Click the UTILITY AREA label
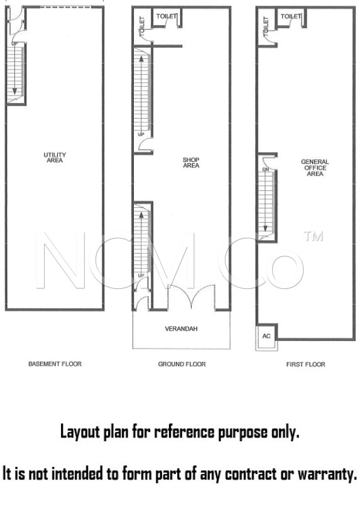[55, 158]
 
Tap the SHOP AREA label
[191, 163]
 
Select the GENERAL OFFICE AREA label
[315, 168]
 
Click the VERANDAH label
[182, 329]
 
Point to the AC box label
[266, 336]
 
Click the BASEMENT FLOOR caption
[55, 364]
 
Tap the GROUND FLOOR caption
[182, 364]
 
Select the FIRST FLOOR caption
[305, 365]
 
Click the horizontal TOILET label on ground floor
[166, 16]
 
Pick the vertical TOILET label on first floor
[266, 26]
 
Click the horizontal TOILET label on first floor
[291, 16]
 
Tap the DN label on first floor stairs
[266, 169]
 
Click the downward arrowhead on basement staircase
[14, 91]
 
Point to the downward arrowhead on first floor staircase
[266, 228]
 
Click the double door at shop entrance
[192, 298]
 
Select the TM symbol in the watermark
[313, 236]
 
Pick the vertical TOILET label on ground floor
[142, 26]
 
